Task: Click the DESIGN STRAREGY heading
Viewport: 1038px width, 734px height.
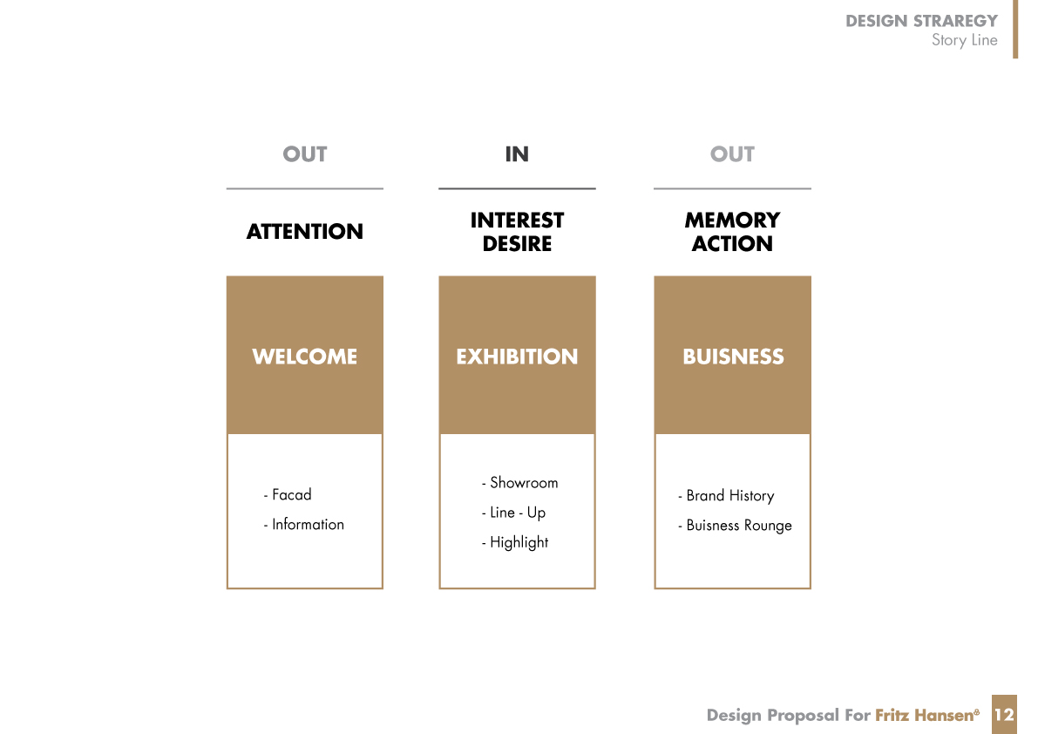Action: pos(921,21)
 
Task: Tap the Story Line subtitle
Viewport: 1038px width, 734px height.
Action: pos(965,40)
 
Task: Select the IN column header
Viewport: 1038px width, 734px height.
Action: pos(517,154)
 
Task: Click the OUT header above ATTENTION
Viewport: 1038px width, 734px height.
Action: pos(304,154)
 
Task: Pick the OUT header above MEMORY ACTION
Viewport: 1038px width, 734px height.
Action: pos(732,154)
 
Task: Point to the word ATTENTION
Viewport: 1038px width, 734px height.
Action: pos(304,232)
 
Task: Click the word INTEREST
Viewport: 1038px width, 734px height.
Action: pos(517,220)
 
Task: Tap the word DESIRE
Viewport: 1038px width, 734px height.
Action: pos(517,244)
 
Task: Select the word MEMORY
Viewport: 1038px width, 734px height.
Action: pos(732,220)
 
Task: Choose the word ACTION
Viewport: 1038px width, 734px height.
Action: pos(732,244)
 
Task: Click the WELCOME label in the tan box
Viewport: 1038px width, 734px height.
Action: pos(304,357)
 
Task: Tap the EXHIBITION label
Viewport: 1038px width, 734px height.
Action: pos(517,357)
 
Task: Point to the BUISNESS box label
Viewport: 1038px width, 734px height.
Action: pos(733,357)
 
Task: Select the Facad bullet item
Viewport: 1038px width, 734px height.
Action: pos(288,495)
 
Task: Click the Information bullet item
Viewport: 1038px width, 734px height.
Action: pos(304,525)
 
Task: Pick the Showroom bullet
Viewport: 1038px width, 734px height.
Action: pos(519,483)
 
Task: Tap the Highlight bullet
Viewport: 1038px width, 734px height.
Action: pos(515,543)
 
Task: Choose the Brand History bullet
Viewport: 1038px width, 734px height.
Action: pos(726,496)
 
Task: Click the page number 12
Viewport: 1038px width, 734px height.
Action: pos(1004,715)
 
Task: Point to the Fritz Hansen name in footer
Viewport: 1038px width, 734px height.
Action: pos(926,716)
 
